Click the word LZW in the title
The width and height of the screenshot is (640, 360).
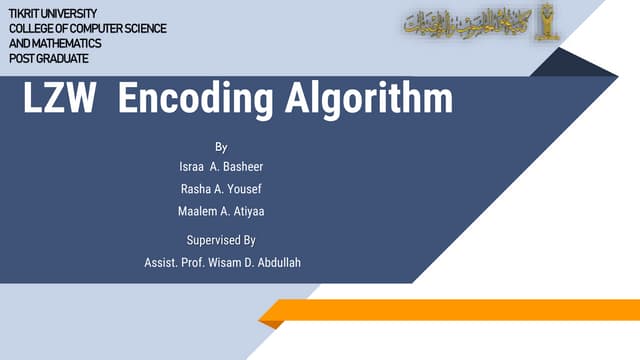tap(59, 99)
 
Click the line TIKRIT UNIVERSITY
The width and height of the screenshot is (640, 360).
tap(53, 12)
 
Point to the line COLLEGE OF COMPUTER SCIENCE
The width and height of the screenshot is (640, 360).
tap(88, 28)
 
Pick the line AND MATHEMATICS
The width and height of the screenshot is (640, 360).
tap(55, 44)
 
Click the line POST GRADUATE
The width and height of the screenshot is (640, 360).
tap(47, 59)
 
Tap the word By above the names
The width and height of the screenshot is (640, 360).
tap(221, 147)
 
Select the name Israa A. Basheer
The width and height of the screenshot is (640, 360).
tap(221, 166)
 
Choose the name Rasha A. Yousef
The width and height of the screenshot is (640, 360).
tap(221, 189)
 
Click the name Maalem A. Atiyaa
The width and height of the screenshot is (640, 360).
tap(221, 211)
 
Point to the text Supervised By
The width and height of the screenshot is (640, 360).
tap(221, 240)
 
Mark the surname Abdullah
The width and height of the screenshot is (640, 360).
tap(276, 262)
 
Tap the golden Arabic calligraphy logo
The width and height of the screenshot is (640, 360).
tap(461, 21)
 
